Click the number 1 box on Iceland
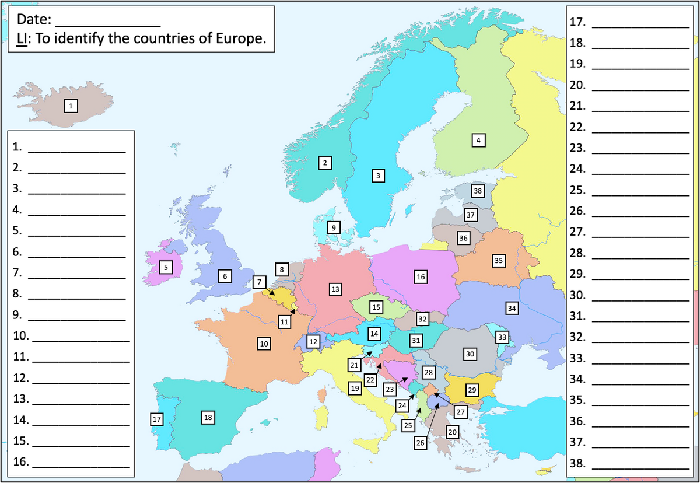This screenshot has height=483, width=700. pyautogui.click(x=71, y=106)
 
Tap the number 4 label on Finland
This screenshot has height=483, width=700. pyautogui.click(x=478, y=140)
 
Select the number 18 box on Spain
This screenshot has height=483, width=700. pyautogui.click(x=208, y=417)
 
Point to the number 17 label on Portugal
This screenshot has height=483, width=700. pyautogui.click(x=156, y=419)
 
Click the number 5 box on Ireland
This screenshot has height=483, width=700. pyautogui.click(x=166, y=267)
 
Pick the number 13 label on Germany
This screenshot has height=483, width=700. pyautogui.click(x=335, y=289)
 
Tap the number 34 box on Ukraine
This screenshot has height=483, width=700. pyautogui.click(x=512, y=307)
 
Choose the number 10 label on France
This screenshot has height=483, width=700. pyautogui.click(x=264, y=344)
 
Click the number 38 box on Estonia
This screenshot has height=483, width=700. pyautogui.click(x=478, y=191)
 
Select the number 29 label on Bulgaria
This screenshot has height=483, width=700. pyautogui.click(x=473, y=389)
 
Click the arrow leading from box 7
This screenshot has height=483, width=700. pyautogui.click(x=269, y=291)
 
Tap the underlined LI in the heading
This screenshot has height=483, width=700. pyautogui.click(x=22, y=40)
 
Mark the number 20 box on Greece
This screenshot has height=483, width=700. pyautogui.click(x=453, y=432)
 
